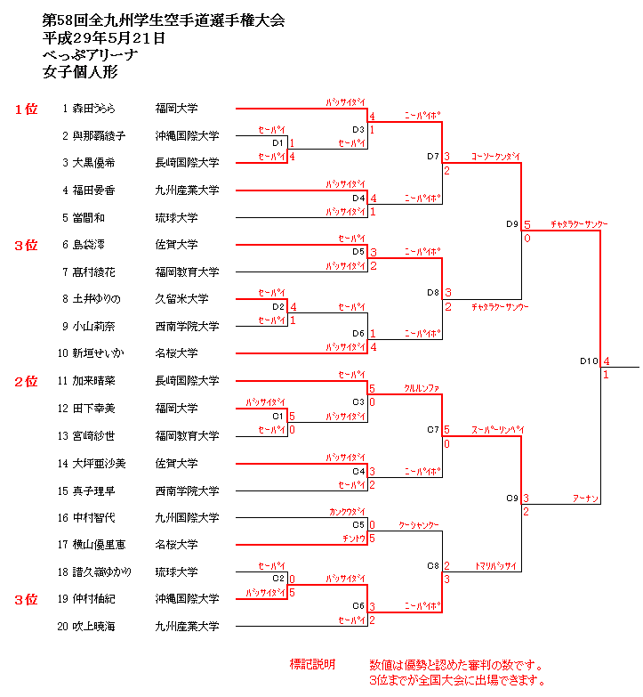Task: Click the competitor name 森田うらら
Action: point(94,109)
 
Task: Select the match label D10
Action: point(588,361)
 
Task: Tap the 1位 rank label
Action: point(26,109)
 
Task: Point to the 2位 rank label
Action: point(26,381)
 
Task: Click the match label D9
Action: point(512,224)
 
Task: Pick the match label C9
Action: point(512,498)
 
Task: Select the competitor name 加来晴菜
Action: point(94,381)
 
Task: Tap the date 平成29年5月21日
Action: point(104,38)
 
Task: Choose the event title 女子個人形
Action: point(80,73)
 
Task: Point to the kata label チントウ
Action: point(353,539)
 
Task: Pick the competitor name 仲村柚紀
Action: point(94,599)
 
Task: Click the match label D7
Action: point(433,157)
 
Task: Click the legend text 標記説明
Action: point(312,665)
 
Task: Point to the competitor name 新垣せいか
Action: point(99,353)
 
